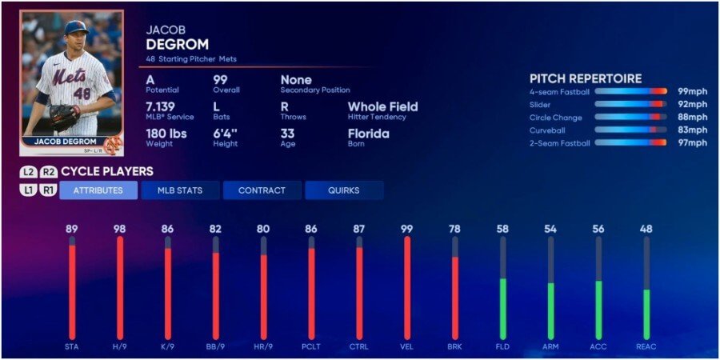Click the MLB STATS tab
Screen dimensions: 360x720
coord(179,190)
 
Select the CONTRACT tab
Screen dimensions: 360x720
coord(262,190)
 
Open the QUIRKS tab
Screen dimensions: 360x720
coord(343,190)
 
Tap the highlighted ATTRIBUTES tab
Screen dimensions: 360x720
coord(98,190)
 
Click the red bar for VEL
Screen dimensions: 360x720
coord(406,288)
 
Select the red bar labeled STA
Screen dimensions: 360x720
coord(72,292)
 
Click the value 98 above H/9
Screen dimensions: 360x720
coord(119,229)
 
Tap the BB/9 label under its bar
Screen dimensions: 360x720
coord(215,346)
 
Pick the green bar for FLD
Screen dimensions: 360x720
coord(502,308)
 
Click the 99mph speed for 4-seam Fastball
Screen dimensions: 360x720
coord(692,92)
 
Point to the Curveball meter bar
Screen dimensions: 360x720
coord(630,130)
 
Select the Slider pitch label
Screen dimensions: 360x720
coord(540,105)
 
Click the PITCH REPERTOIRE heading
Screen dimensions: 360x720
coord(586,78)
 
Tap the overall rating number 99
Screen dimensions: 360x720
coord(221,80)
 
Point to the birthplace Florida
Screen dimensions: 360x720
coord(368,134)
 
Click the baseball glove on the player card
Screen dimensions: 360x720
coord(62,117)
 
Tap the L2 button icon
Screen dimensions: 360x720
coord(30,171)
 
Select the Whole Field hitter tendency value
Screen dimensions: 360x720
coord(382,106)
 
